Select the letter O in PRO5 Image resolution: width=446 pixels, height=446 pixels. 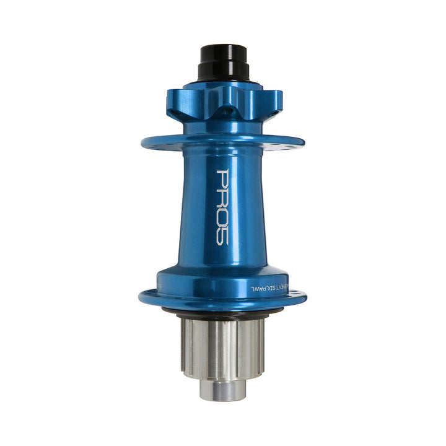click(x=223, y=217)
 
